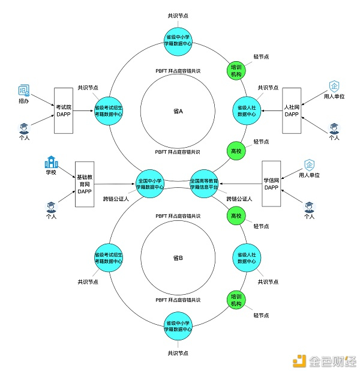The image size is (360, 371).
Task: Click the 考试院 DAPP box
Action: (63, 110)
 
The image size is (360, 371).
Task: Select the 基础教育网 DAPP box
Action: (84, 184)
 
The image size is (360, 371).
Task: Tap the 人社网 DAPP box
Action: (292, 110)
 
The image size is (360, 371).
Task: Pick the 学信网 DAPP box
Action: (271, 184)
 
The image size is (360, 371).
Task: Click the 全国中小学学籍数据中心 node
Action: (151, 184)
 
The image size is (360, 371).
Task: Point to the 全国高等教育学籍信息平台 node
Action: (204, 184)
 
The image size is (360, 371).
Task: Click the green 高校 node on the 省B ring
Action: (236, 215)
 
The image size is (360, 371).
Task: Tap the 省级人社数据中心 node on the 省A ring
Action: (247, 110)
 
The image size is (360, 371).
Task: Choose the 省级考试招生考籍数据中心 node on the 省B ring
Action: (109, 257)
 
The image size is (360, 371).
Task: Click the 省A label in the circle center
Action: (178, 111)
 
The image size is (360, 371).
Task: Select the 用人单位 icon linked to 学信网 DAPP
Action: (310, 164)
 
